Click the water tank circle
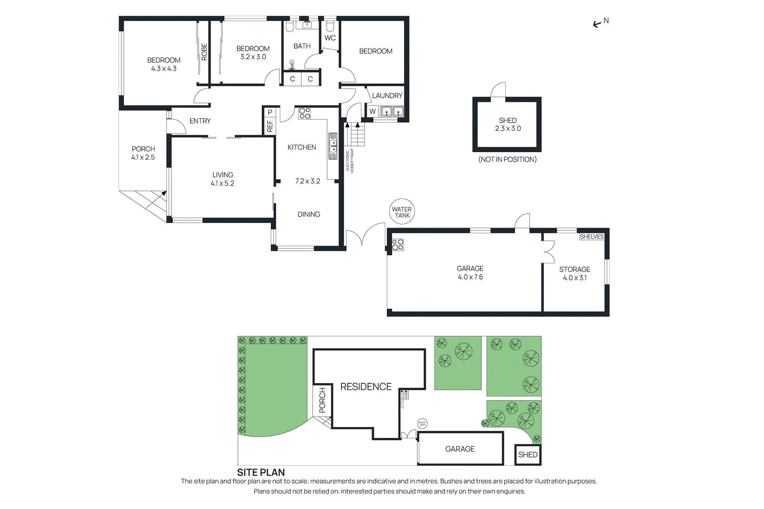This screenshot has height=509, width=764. click(x=402, y=212)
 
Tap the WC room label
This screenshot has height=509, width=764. click(x=330, y=38)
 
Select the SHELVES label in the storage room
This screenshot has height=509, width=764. click(x=591, y=237)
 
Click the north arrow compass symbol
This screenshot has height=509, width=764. click(x=600, y=22)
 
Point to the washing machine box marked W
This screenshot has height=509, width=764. click(x=372, y=111)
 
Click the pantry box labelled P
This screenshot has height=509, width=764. click(x=270, y=112)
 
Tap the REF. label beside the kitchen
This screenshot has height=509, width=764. click(x=270, y=126)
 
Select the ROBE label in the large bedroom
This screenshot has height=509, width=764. click(x=204, y=52)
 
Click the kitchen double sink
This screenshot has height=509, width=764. click(x=332, y=145)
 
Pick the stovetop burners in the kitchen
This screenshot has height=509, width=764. click(x=305, y=113)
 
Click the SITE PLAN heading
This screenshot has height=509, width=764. click(x=261, y=472)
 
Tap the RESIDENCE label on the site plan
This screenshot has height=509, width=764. click(x=366, y=387)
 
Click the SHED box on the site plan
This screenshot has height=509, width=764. click(x=528, y=455)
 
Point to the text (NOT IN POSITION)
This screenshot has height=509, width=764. click(x=507, y=159)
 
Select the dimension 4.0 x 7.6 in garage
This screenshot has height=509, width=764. click(x=470, y=277)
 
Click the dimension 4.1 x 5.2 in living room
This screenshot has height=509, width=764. click(x=223, y=183)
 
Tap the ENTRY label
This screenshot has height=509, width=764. click(x=200, y=121)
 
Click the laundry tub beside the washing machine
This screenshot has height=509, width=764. click(x=392, y=112)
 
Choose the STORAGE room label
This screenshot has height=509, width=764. click(x=574, y=270)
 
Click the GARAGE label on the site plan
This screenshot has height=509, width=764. click(x=460, y=449)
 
